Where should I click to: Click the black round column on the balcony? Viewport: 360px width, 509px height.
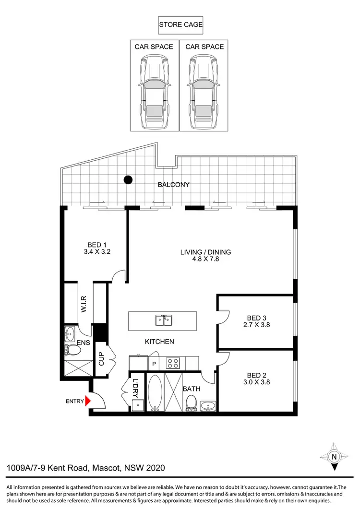click(128, 180)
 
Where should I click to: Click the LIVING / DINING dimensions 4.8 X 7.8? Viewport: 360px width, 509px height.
click(205, 260)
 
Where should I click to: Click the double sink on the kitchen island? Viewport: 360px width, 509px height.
click(162, 320)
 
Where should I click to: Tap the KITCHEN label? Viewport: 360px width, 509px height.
click(159, 342)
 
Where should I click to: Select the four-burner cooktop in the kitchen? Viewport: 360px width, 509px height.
click(172, 363)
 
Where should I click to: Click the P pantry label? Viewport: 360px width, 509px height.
click(155, 364)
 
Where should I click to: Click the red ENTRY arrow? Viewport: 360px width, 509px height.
click(87, 401)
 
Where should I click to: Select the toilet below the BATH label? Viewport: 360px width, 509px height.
click(191, 403)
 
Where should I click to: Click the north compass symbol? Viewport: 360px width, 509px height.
click(334, 456)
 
